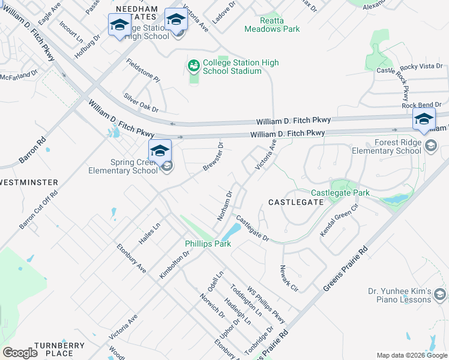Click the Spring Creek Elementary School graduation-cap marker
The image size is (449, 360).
tap(160, 151)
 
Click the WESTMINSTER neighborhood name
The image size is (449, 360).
tap(29, 182)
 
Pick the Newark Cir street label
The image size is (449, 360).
tap(289, 278)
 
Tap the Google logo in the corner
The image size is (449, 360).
tap(20, 353)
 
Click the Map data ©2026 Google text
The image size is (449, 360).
tap(412, 355)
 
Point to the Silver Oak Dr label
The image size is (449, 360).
tap(140, 103)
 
